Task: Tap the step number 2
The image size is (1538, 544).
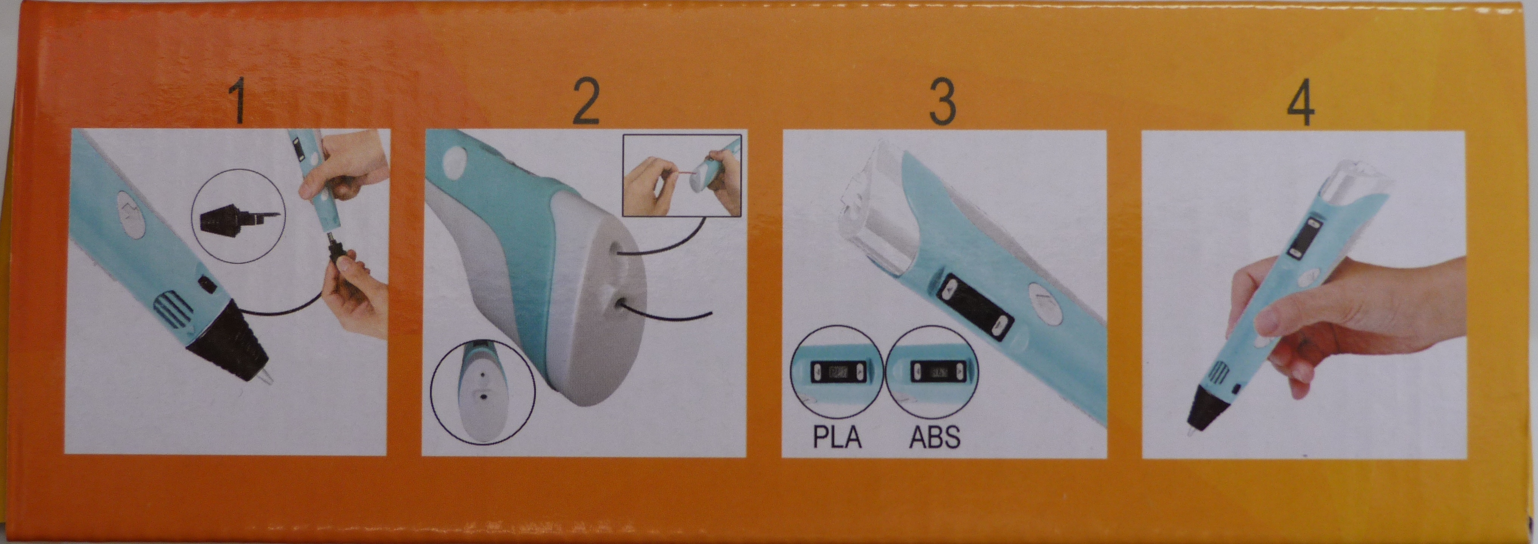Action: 586,103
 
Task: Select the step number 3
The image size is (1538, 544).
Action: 943,103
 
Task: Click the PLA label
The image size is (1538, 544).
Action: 837,437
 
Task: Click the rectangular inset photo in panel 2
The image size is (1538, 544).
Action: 682,175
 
